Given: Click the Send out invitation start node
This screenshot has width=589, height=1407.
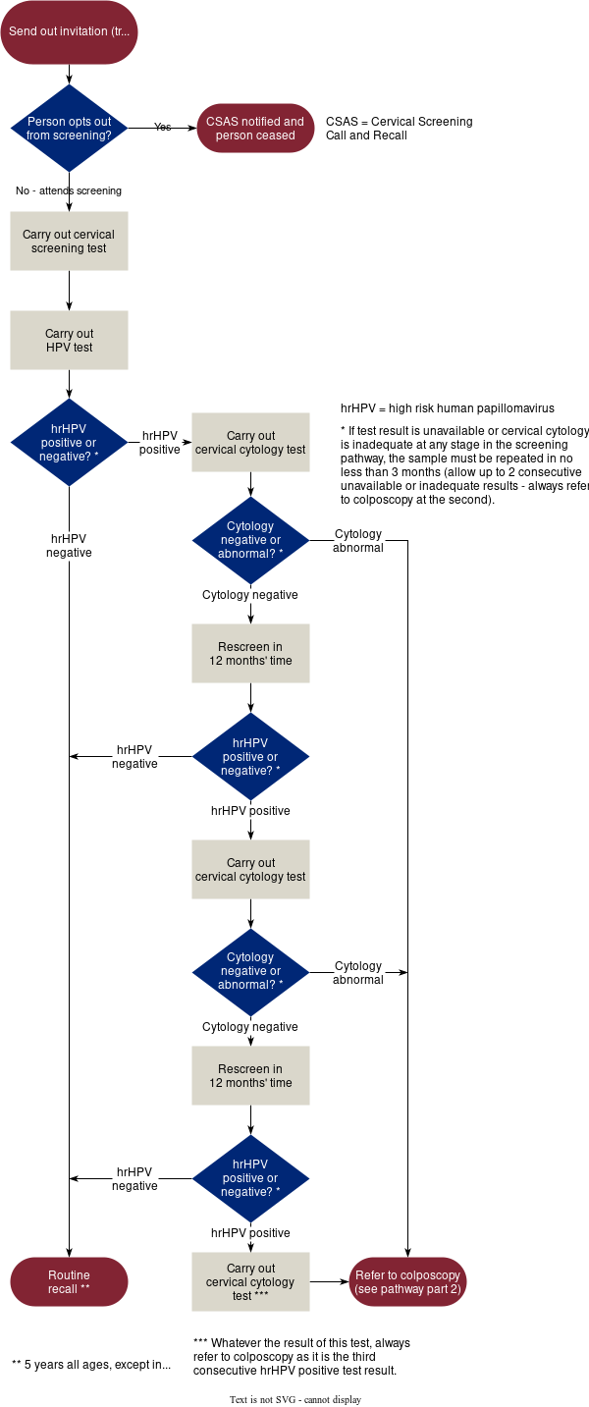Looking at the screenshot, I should point(69,31).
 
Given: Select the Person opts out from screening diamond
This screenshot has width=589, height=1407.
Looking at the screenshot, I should point(69,129).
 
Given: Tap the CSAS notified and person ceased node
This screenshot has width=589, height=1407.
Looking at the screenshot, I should point(255,129).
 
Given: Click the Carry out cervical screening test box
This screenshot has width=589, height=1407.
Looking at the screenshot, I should point(69,242).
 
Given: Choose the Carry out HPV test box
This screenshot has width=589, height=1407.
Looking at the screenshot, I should point(69,341).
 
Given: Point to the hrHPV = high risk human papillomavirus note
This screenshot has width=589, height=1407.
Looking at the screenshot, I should point(461,408).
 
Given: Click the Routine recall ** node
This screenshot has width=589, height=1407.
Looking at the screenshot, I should point(69,1282).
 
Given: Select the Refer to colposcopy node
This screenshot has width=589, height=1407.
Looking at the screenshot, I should point(407,1282).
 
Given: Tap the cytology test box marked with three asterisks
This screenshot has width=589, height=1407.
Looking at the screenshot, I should point(250,1282).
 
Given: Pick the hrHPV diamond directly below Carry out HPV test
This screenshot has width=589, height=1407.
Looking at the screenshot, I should point(69,443).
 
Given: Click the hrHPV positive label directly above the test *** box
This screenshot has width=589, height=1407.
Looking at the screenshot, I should point(250,1233).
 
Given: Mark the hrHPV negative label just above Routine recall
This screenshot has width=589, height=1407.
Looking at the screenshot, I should point(134,1179).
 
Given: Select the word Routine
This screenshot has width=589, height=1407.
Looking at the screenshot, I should point(69,1275).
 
